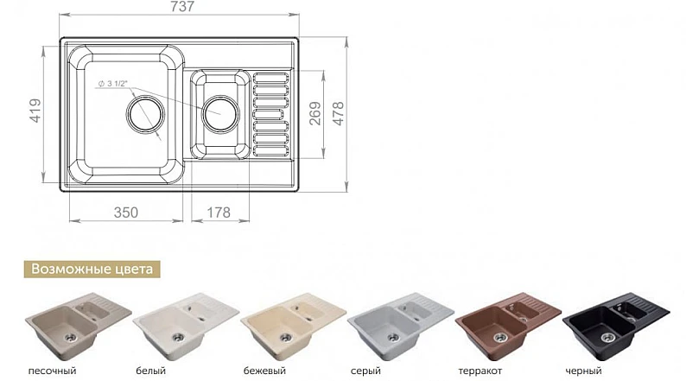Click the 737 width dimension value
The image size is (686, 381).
coord(182,6)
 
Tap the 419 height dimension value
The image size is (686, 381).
coord(35,111)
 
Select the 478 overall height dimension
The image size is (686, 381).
coord(339,114)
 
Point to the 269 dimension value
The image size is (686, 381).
coord(315,114)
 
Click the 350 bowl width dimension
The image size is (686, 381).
coord(125,213)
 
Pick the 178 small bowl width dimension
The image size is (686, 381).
coord(219,213)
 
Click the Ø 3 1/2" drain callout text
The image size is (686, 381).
coord(112,84)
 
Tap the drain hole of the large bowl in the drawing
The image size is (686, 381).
coord(145,114)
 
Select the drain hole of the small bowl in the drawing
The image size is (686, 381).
coord(220,113)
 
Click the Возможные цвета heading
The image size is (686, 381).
coord(92,269)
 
